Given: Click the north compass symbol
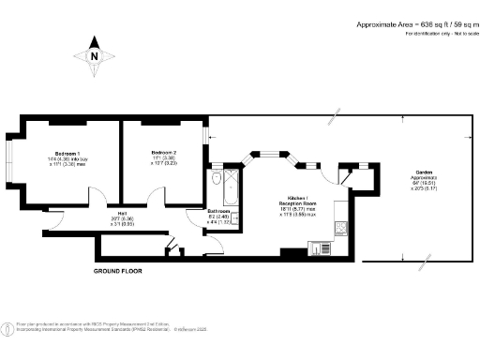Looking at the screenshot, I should coord(94,55).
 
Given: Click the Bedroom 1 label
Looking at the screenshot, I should coord(66,152).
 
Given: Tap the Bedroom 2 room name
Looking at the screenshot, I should coord(164,152).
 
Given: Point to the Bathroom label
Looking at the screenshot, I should coord(219,213).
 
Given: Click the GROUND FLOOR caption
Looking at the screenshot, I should coord(119,271).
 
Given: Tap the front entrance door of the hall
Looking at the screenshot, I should coord(52,217).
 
